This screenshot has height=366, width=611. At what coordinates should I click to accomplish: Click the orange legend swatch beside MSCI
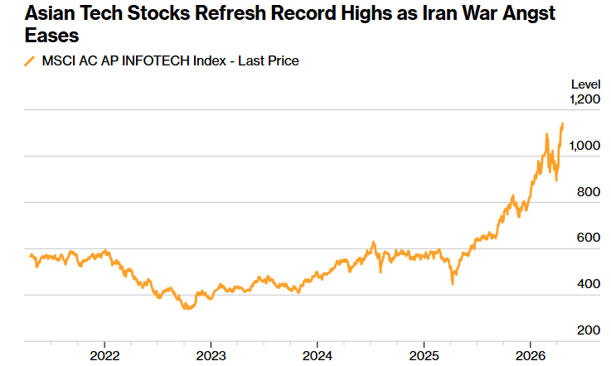coord(30,61)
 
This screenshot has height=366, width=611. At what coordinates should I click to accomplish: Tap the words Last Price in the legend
coord(268,61)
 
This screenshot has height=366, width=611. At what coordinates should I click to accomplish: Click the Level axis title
coord(585,84)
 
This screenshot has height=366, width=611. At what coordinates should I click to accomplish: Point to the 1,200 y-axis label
coord(584,99)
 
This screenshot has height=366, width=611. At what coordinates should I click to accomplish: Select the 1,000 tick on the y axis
coord(584,145)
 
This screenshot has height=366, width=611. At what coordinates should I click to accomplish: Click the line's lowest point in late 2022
coord(188,308)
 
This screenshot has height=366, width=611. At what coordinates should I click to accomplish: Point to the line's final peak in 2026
coord(562,124)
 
